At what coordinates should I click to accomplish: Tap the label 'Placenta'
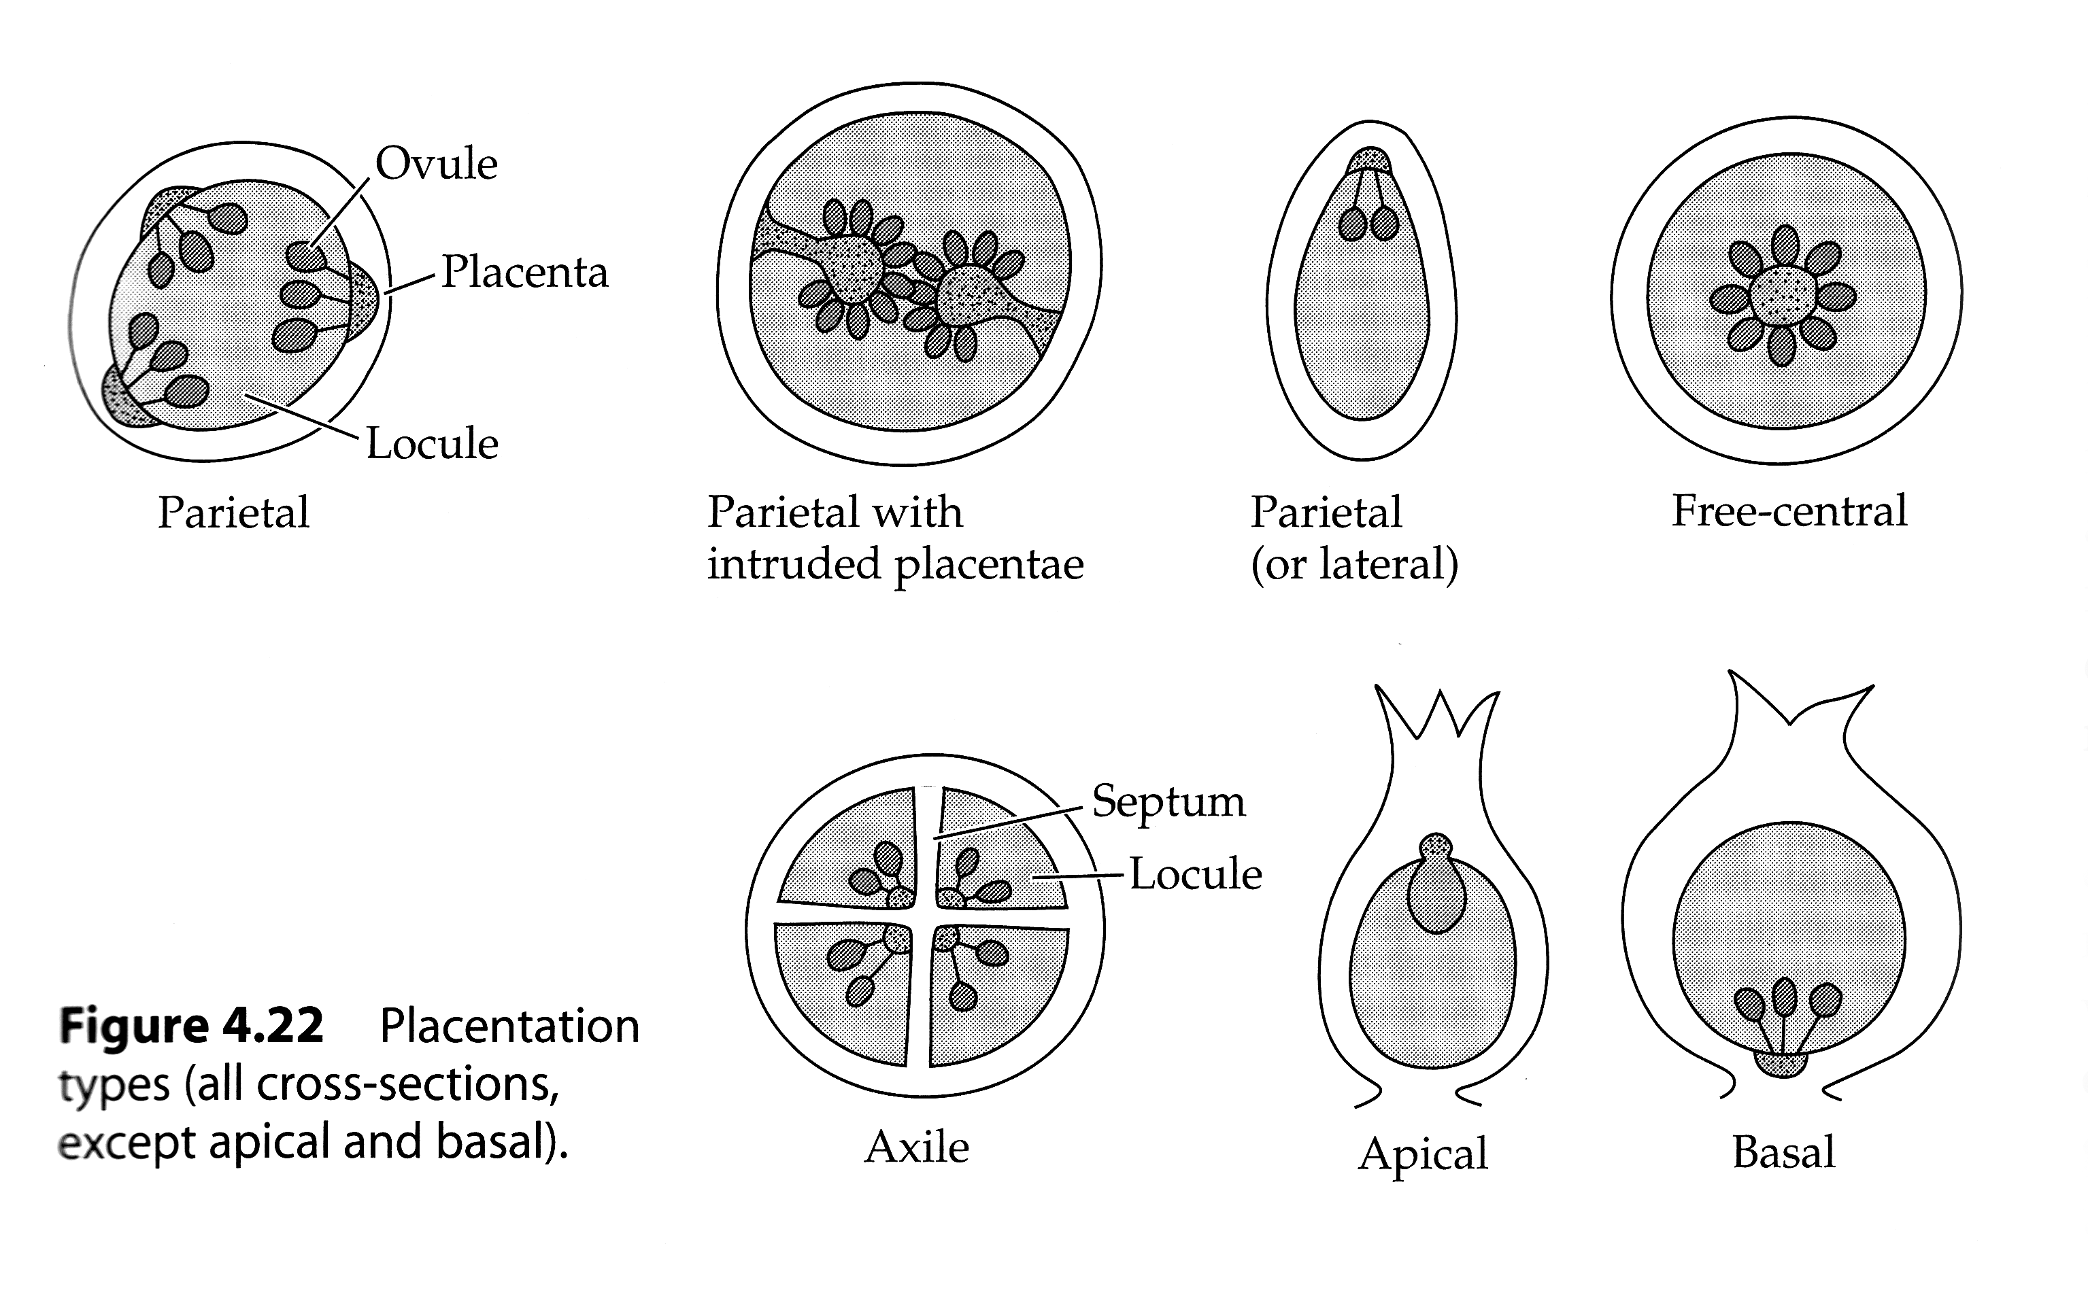coord(524,273)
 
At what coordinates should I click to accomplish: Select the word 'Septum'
coord(1168,802)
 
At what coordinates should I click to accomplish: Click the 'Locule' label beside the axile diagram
coord(1194,874)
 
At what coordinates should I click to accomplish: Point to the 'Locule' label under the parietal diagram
coord(432,443)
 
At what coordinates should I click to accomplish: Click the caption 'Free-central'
coord(1789,511)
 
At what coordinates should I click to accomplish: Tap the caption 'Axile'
coord(917,1147)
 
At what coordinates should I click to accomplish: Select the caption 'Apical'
coord(1422,1154)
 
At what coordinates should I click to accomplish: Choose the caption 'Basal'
coord(1783,1152)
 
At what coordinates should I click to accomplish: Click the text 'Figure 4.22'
coord(191,1025)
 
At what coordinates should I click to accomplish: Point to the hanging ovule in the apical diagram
coord(1436,897)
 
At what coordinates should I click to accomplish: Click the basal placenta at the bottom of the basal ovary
coord(1783,1065)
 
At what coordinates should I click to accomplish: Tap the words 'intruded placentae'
coord(895,564)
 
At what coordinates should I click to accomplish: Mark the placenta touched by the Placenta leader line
coord(364,300)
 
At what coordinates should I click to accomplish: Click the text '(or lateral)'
coord(1354,564)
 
